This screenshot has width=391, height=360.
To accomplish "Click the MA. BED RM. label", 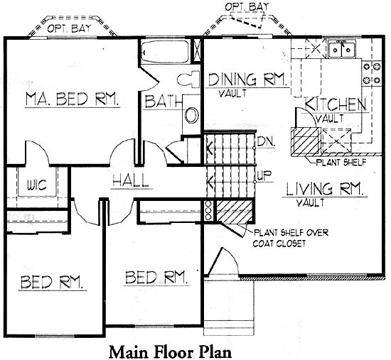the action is click(72, 99).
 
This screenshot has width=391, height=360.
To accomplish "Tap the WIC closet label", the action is click(36, 185).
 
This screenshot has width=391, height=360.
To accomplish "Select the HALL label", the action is click(131, 180).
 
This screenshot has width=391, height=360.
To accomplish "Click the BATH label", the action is click(164, 102).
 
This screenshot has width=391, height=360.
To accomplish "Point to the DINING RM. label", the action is click(247, 80).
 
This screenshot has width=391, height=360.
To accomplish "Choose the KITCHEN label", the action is click(336, 104).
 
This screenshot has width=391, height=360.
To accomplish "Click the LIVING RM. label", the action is click(324, 189).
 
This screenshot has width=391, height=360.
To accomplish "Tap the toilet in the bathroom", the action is click(188, 79).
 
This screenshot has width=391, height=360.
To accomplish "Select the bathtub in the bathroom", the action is click(165, 52).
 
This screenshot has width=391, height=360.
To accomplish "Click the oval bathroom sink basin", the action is click(191, 115).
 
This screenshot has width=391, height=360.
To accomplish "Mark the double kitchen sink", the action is click(342, 49).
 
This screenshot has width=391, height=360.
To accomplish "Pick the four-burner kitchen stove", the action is click(372, 73).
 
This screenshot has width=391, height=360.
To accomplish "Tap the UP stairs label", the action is click(264, 176).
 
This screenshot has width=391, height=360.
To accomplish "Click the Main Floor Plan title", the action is click(171, 352).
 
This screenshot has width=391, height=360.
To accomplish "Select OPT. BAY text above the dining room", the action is click(247, 6).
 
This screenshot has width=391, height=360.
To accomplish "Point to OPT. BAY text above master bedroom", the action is click(69, 28).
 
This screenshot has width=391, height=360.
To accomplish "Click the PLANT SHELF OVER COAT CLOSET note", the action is click(291, 238).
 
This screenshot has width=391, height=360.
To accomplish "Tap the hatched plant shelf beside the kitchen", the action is click(306, 141).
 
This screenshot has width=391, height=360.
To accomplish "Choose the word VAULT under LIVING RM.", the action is click(311, 202).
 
